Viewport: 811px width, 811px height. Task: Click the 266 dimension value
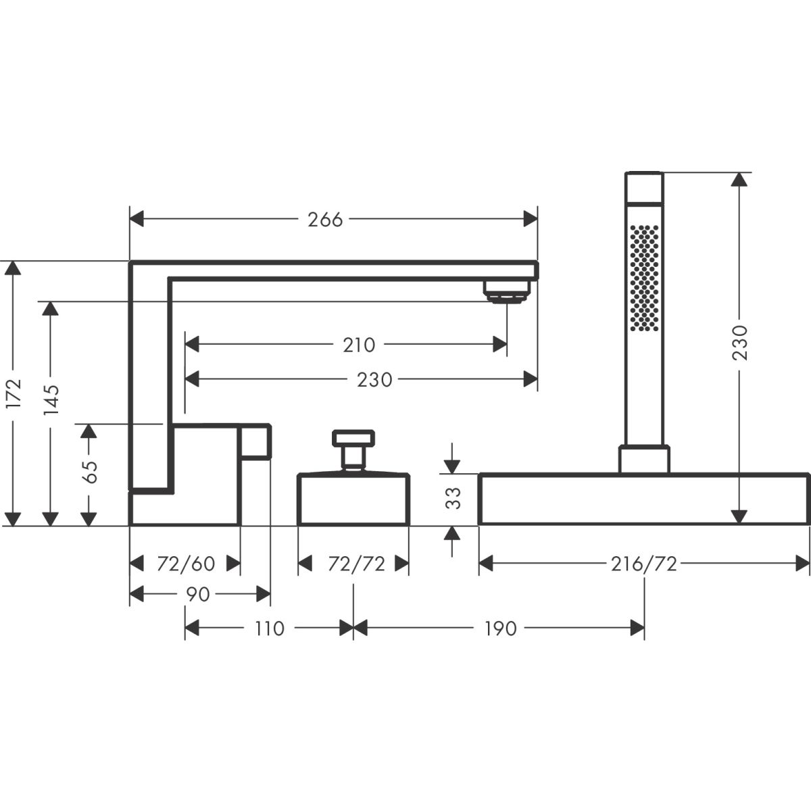[x=326, y=219]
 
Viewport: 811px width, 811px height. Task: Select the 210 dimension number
[x=358, y=345]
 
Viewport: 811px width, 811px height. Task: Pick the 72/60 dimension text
[x=185, y=563]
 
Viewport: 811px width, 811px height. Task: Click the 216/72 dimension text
[x=644, y=563]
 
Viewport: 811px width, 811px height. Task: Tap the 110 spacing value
[x=270, y=629]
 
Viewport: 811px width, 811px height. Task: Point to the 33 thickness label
[x=455, y=498]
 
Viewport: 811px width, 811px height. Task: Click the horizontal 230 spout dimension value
[x=374, y=380]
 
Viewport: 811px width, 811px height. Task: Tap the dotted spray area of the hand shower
[x=644, y=277]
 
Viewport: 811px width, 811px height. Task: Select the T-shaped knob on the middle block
[x=353, y=445]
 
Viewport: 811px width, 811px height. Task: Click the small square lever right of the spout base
[x=255, y=441]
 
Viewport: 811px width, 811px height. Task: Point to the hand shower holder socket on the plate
[x=644, y=458]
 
